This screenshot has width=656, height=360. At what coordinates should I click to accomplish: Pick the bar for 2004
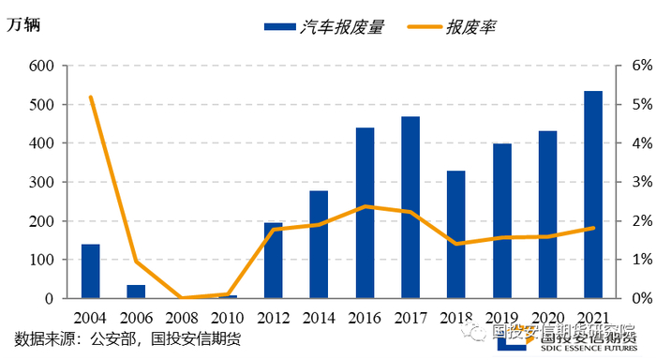[91, 271]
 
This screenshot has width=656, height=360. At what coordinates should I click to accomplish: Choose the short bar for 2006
[137, 292]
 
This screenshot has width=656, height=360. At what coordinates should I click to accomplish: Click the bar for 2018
[456, 234]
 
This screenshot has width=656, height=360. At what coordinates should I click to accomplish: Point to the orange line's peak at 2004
[91, 97]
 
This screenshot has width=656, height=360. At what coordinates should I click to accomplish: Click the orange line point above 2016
[365, 206]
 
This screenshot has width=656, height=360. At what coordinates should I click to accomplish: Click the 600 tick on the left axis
[42, 66]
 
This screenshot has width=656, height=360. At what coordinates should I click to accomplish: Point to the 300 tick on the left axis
[42, 182]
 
